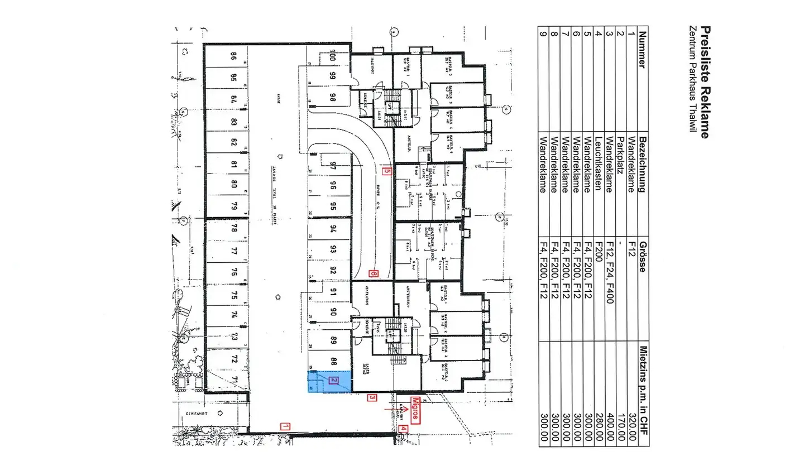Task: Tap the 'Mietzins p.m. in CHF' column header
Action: point(643,391)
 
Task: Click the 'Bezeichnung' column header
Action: point(643,164)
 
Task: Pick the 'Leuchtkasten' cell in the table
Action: point(598,164)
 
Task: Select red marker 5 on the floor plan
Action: point(386,172)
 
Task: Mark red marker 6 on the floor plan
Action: point(374,274)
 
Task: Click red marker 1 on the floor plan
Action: point(285,427)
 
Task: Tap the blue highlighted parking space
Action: point(329,382)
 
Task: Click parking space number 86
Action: point(233,56)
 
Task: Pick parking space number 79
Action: point(233,206)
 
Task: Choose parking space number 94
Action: point(333,228)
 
